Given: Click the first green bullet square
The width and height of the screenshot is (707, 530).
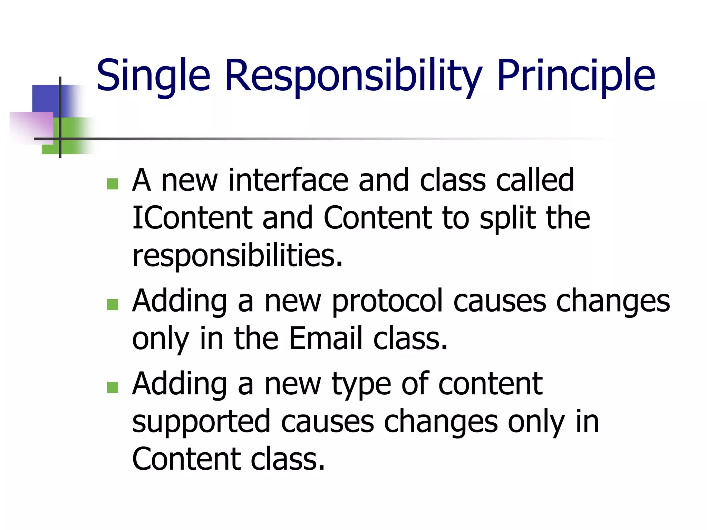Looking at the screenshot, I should (113, 184).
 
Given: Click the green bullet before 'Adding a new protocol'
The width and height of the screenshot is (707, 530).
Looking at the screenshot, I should (113, 304).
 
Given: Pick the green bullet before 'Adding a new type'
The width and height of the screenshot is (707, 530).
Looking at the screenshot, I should (113, 387).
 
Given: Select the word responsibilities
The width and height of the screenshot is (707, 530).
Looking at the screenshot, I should (237, 256).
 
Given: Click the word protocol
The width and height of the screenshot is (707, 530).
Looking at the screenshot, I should (387, 301).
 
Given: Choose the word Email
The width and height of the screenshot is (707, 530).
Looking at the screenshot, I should (326, 338).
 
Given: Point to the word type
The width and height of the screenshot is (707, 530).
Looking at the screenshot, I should (361, 384).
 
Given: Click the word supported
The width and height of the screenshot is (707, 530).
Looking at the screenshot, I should (201, 422).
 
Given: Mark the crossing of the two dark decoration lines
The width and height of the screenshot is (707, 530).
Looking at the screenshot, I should (60, 139).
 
